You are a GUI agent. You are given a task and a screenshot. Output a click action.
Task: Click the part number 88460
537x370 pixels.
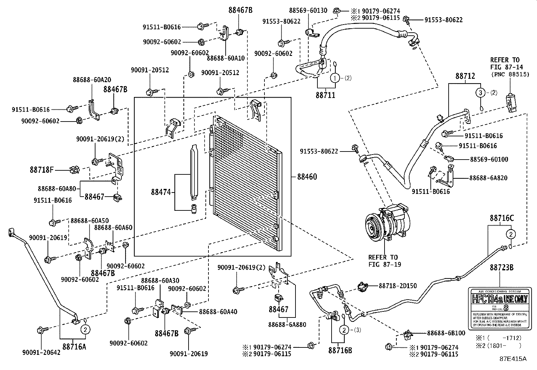click(307, 177)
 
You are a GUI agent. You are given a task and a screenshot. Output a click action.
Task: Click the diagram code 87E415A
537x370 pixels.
click(513, 359)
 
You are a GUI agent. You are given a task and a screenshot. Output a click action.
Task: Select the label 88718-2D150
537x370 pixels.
click(398, 286)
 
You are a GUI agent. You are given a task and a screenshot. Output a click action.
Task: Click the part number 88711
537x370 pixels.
click(326, 95)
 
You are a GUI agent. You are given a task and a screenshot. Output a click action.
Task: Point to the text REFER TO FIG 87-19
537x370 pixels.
click(385, 261)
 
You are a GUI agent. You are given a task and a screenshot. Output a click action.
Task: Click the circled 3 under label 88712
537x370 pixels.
click(481, 93)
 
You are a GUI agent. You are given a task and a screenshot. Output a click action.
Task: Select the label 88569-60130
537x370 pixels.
click(308, 10)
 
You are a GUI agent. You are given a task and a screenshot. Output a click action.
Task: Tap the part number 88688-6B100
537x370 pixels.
click(446, 333)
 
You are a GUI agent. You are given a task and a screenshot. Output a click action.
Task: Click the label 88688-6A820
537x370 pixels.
click(488, 178)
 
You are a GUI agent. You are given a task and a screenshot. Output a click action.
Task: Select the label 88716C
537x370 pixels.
click(502, 218)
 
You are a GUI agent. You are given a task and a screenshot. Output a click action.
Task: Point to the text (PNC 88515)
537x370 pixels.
click(510, 74)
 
